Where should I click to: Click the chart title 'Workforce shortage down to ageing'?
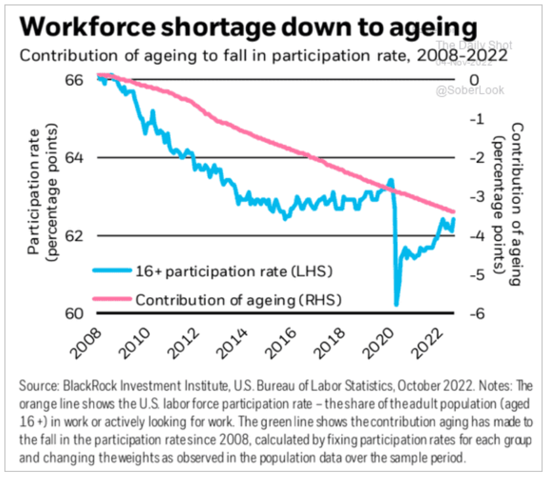pos(248,29)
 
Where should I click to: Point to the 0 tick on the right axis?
pos(474,80)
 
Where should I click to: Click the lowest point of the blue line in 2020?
pos(397,305)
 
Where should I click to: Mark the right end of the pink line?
pos(454,212)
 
